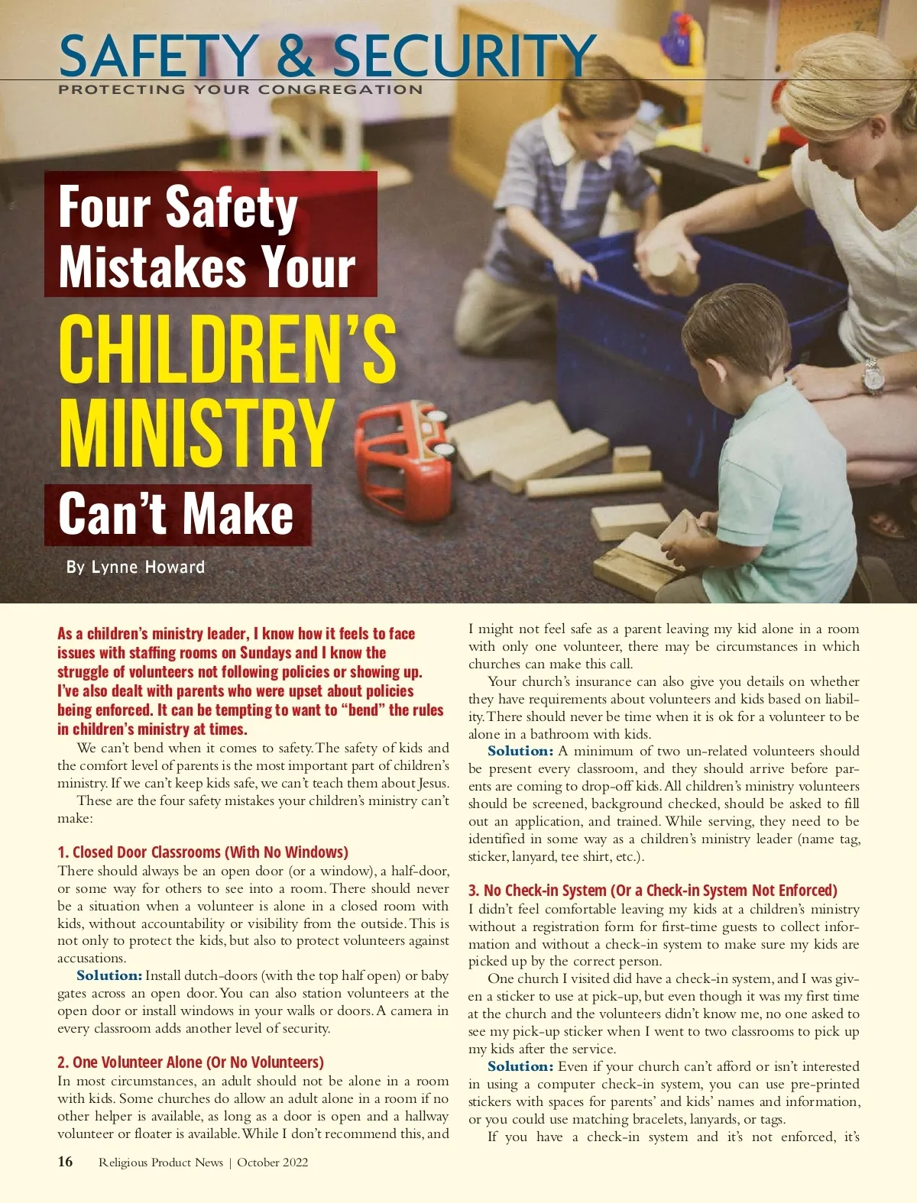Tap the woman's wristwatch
[x=873, y=376]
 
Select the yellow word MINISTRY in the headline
[x=196, y=432]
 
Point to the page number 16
[x=66, y=1162]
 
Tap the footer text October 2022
[x=273, y=1163]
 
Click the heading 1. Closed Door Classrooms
[x=203, y=852]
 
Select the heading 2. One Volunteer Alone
[x=190, y=1062]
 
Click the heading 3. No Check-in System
[x=653, y=891]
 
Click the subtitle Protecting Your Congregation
[x=240, y=90]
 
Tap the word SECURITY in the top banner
[x=464, y=56]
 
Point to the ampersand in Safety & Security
[x=294, y=56]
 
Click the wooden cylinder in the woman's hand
[x=672, y=272]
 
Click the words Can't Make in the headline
[x=177, y=514]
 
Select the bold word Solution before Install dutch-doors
[x=109, y=976]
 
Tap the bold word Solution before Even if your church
[x=520, y=1067]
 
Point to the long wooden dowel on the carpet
[x=594, y=483]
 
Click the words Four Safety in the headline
[x=178, y=208]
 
